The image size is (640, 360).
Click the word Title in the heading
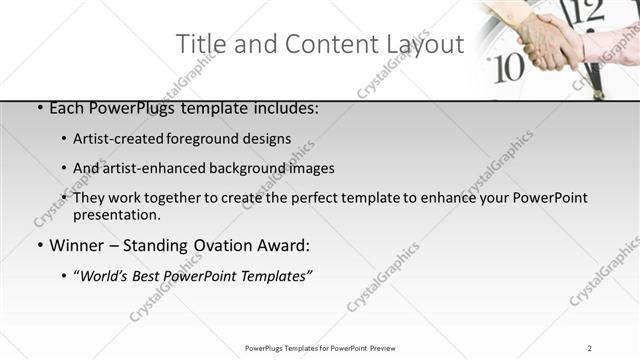tap(199, 44)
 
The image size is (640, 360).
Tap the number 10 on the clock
tap(510, 68)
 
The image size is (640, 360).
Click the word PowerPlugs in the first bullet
tap(129, 108)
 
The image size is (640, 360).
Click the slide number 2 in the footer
tap(590, 348)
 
